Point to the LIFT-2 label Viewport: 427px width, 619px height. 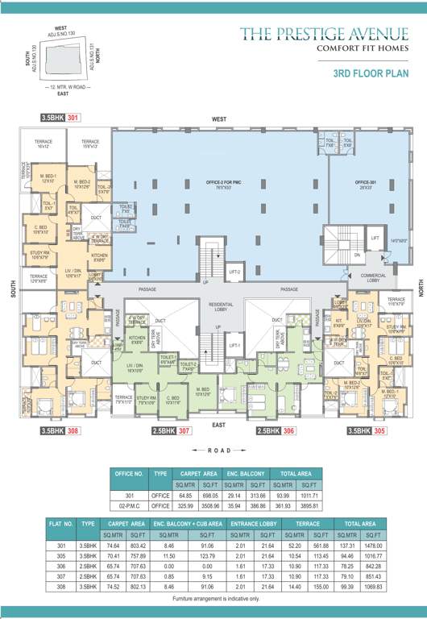235,272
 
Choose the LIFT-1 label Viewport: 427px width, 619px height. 235,345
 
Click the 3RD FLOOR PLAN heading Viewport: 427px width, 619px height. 371,73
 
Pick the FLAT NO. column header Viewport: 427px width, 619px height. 62,523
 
